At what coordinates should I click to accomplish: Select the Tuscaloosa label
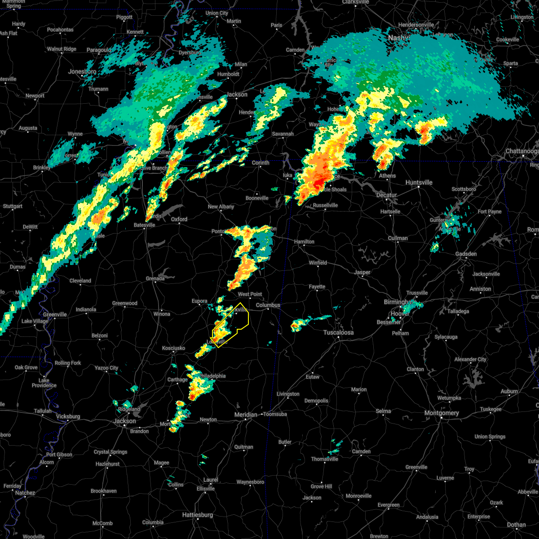tap(339, 333)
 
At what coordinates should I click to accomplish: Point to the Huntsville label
tap(419, 182)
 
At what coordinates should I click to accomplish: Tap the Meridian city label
tap(246, 415)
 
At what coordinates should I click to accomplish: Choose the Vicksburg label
tap(68, 416)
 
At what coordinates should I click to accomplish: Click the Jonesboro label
tap(82, 72)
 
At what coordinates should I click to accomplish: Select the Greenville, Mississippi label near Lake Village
tap(55, 314)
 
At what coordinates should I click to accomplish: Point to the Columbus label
tap(268, 305)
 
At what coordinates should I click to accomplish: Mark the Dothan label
tap(516, 525)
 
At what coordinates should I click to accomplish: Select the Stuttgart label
tap(13, 207)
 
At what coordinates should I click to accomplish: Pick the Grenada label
tap(155, 278)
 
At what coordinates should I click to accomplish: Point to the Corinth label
tap(261, 163)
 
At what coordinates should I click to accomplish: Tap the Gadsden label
tap(466, 254)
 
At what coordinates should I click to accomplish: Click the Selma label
tap(383, 411)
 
